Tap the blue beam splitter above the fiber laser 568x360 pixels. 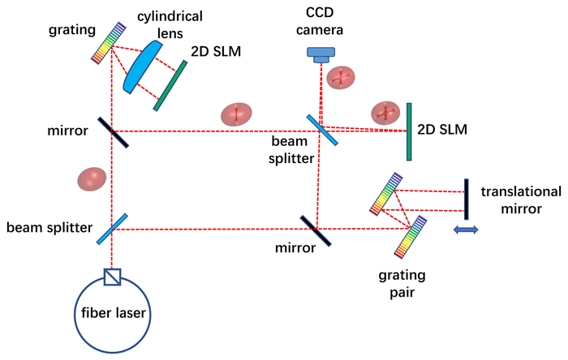tap(113, 228)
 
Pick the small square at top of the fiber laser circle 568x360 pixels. tap(113, 277)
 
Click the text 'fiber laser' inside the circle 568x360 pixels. tap(113, 313)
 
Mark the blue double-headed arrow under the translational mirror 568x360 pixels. tap(466, 230)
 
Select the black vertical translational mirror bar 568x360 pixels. tap(467, 199)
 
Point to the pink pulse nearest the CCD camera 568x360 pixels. tap(340, 79)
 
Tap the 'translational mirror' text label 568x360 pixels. tap(520, 199)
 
